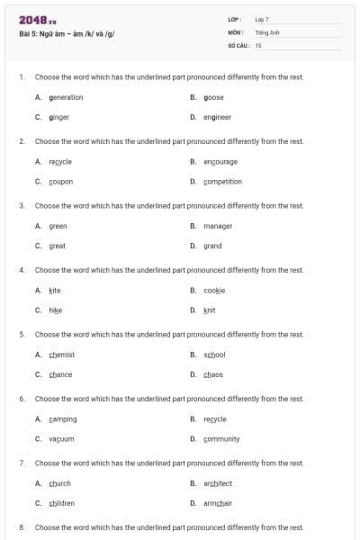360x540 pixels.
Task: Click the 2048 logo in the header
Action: coord(37,19)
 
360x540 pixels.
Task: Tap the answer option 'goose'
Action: coord(213,97)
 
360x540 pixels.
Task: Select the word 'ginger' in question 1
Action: coord(59,117)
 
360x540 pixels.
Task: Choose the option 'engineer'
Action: coord(217,117)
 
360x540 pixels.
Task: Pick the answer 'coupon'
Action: coord(61,181)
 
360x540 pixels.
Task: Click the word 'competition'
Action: coord(222,181)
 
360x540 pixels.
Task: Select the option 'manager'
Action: coord(218,226)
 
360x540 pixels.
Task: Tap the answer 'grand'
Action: coord(212,246)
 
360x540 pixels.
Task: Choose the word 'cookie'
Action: coord(214,291)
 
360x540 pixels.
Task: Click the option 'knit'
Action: coord(210,310)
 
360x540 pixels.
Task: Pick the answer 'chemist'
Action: coord(61,355)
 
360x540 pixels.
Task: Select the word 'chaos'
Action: coord(213,374)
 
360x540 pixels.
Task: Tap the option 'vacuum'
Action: coord(61,438)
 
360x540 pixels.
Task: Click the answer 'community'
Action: coord(221,438)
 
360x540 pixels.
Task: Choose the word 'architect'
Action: coord(218,483)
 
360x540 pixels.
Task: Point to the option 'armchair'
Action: coord(218,503)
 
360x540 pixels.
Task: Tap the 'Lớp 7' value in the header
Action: coord(262,19)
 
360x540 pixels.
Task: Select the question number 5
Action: coord(22,335)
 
